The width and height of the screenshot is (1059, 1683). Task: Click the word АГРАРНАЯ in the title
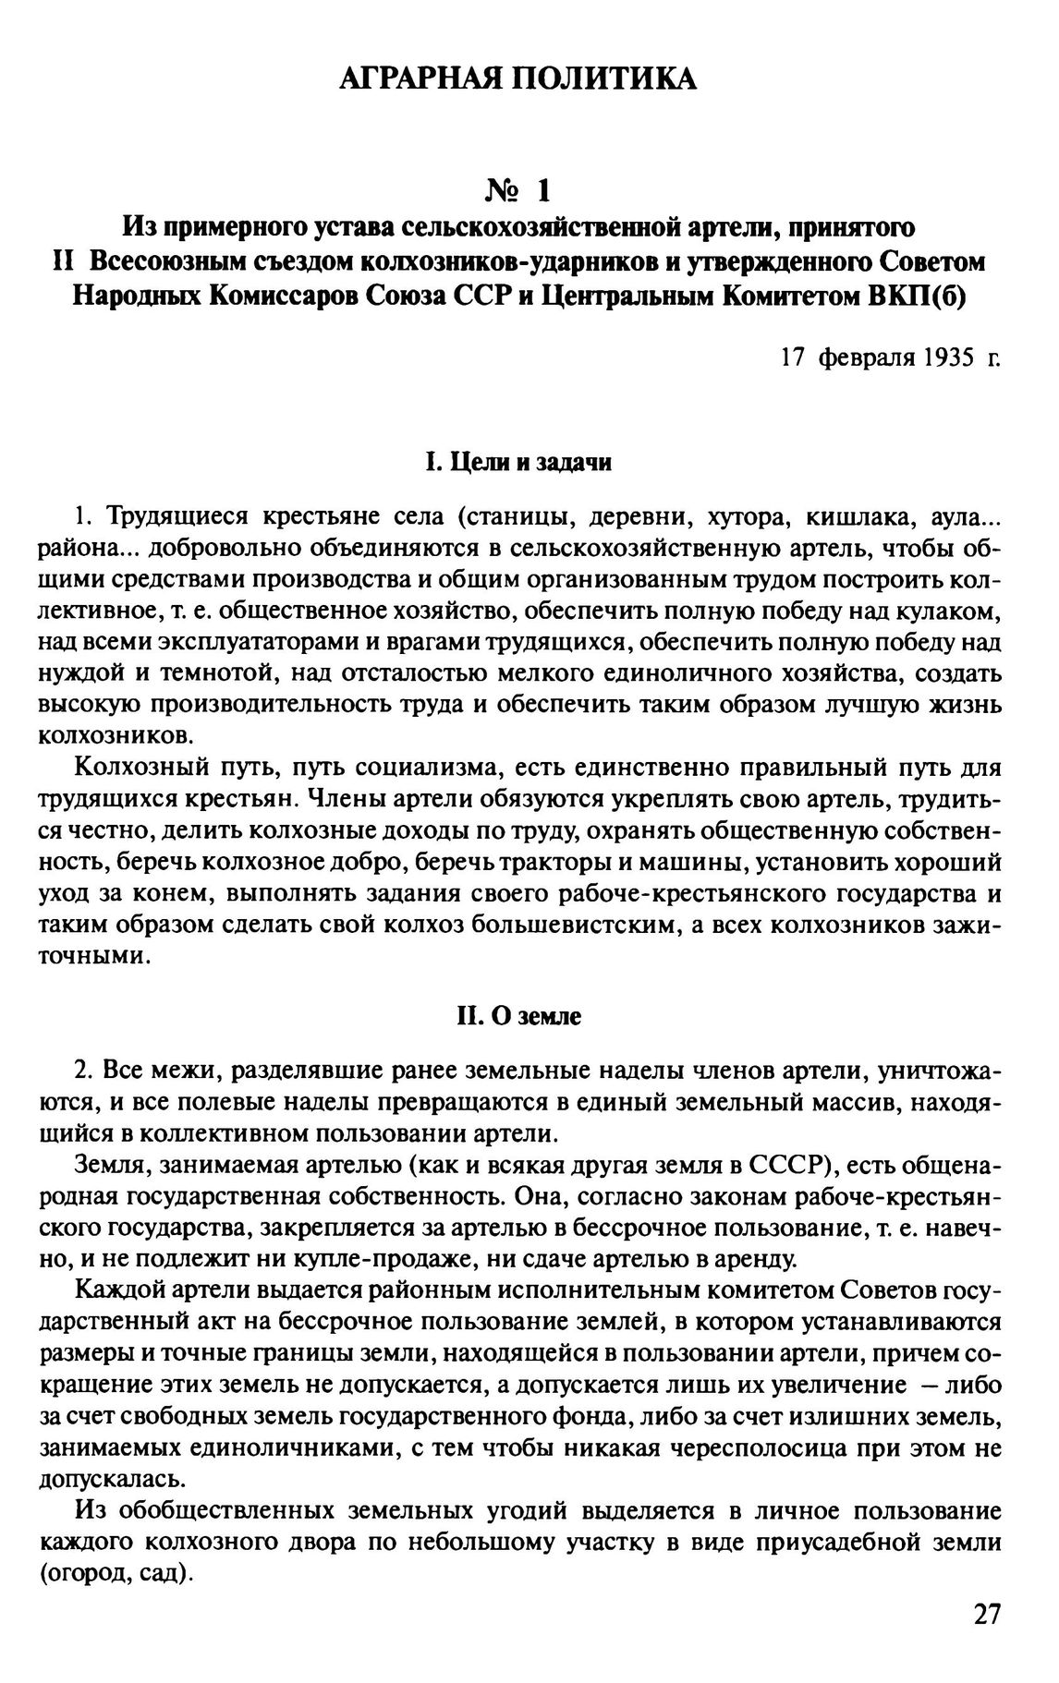click(413, 79)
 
